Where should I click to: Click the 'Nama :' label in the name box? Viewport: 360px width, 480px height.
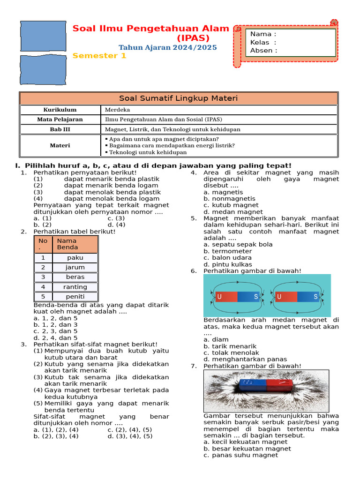[263, 34]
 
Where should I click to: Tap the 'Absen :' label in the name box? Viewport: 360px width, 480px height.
[263, 51]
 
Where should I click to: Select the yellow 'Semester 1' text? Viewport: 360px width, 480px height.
[99, 56]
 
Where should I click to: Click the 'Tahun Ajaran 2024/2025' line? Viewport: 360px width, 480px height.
[167, 47]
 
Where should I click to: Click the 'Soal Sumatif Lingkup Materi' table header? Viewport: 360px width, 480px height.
[178, 98]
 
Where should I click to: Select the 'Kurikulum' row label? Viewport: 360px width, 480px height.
[60, 110]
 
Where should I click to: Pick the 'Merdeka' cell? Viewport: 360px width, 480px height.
[118, 110]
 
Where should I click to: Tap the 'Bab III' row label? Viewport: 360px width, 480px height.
[60, 129]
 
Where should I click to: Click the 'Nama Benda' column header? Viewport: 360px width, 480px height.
[67, 244]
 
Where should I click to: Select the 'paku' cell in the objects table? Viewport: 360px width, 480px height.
[75, 258]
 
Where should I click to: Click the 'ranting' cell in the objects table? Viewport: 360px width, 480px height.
[75, 287]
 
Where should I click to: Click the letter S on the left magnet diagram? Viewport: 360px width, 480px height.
[256, 297]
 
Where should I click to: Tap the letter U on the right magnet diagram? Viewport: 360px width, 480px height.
[279, 297]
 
